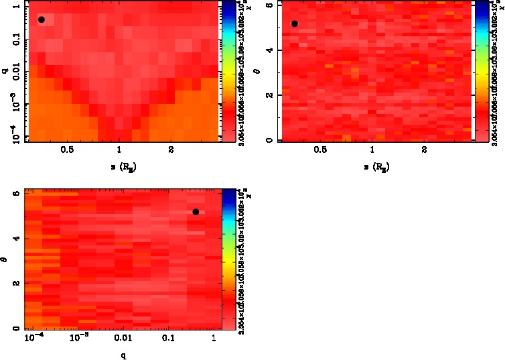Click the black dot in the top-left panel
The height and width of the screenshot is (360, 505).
[42, 19]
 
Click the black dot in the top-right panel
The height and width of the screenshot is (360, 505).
[295, 23]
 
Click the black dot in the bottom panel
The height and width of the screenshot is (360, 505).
[196, 212]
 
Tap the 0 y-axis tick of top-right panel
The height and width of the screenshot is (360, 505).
[269, 139]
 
